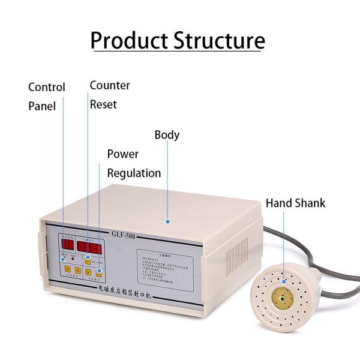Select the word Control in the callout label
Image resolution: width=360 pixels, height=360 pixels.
pos(47,88)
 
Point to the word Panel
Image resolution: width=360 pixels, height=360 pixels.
pos(42,107)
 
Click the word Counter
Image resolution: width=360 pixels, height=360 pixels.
pos(110,85)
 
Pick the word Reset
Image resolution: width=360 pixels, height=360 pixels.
pos(103,104)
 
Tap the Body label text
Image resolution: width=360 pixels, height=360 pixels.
pos(167,135)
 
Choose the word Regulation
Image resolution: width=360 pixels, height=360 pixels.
pos(134,173)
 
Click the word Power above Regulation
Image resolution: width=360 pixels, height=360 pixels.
pos(123,154)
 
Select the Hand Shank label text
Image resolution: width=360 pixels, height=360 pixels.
pos(295,203)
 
